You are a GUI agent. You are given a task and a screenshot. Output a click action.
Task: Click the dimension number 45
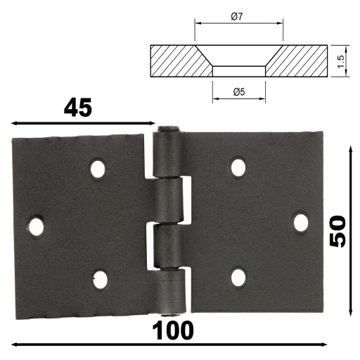tap(78, 108)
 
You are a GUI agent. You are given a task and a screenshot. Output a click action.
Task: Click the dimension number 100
tap(173, 330)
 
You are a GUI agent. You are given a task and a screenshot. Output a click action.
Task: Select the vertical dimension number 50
tap(337, 231)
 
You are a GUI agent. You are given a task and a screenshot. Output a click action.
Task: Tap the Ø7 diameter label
tap(237, 17)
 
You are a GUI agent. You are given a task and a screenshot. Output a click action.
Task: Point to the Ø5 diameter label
tap(239, 92)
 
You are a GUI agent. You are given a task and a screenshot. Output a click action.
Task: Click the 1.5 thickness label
tap(341, 61)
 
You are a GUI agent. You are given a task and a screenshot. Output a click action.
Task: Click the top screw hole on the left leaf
tap(98, 169)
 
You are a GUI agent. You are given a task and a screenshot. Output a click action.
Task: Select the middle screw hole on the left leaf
tap(36, 227)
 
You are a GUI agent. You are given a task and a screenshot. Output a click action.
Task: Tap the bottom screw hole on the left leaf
tap(100, 279)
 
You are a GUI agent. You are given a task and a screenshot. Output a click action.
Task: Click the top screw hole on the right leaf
tap(238, 167)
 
